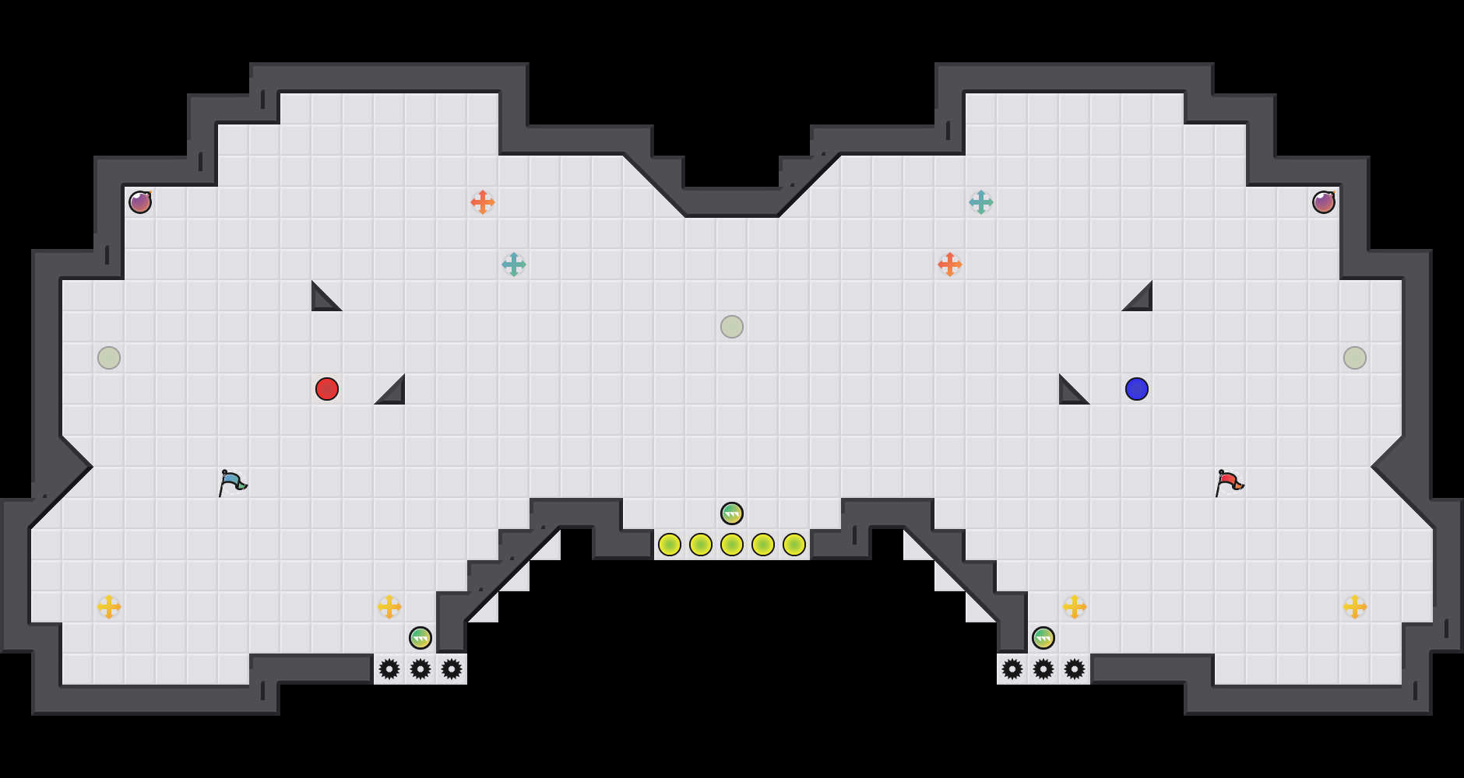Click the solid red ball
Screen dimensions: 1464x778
tap(327, 389)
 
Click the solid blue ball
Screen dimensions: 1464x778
tap(1137, 389)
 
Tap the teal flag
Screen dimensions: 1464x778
tap(232, 482)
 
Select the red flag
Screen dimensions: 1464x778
tap(1229, 482)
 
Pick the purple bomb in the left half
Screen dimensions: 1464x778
tap(140, 202)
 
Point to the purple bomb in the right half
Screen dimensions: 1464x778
tap(1324, 202)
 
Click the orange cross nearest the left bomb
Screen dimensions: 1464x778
tap(483, 202)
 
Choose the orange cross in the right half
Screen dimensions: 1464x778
tap(950, 265)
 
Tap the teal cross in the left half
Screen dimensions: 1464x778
tap(514, 265)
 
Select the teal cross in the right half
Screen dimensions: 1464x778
tap(981, 202)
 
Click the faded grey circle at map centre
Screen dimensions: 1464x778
tap(732, 327)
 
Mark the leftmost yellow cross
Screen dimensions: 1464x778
tap(109, 607)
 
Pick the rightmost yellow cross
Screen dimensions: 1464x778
tap(1355, 607)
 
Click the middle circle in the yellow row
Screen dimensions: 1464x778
tap(732, 545)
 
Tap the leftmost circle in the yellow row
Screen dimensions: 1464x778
tap(670, 545)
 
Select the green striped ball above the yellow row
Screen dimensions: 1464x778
tap(732, 513)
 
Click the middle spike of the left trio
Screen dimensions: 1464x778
tap(421, 669)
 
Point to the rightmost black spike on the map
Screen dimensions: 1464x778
tap(1075, 669)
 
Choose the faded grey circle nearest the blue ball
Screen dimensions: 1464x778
tap(1355, 358)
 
